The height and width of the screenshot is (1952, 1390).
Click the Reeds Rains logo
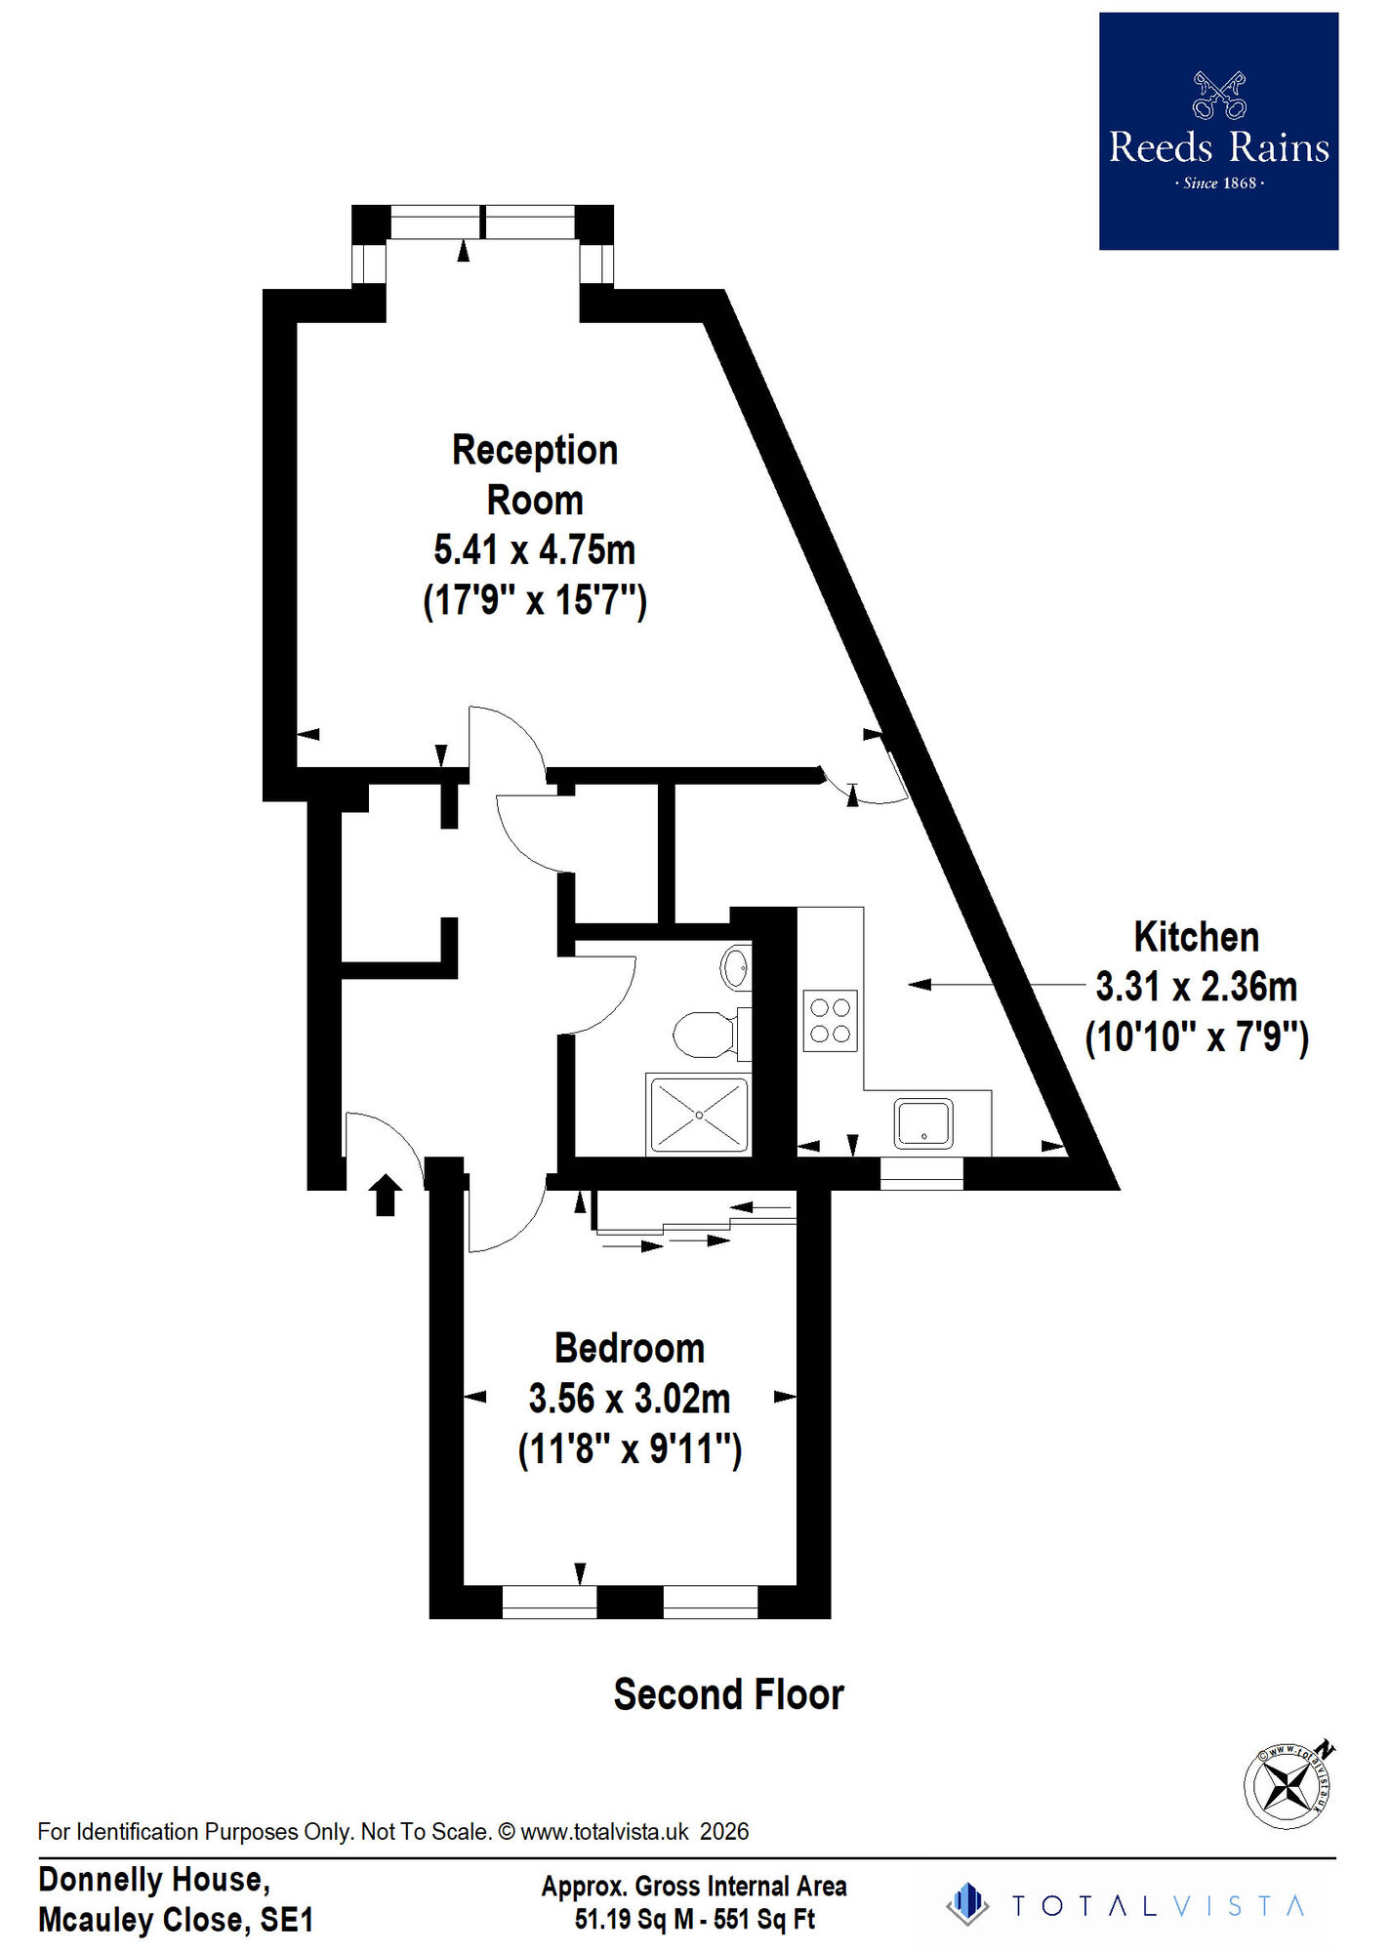click(1217, 131)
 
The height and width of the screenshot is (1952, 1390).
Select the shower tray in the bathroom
click(699, 1115)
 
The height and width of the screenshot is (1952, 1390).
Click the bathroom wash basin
click(735, 968)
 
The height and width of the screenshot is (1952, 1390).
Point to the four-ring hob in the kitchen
click(830, 1020)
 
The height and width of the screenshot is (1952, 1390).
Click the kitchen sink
click(922, 1122)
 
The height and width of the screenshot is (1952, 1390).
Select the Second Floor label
click(728, 1693)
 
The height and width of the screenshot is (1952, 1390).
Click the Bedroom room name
click(630, 1348)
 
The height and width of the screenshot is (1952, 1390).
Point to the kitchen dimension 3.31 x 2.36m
click(1196, 987)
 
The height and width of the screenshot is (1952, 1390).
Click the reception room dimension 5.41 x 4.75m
click(534, 549)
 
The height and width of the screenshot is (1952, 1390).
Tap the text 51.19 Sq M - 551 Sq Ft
click(694, 1919)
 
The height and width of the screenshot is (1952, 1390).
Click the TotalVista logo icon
click(967, 1904)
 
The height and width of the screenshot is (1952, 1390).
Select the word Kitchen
click(1196, 937)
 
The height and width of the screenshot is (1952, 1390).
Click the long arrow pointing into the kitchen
click(996, 985)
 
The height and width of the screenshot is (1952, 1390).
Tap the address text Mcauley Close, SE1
click(176, 1919)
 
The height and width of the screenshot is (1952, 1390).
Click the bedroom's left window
click(549, 1602)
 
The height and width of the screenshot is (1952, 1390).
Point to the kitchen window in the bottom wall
click(921, 1172)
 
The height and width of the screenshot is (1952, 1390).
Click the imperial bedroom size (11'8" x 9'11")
click(630, 1448)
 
